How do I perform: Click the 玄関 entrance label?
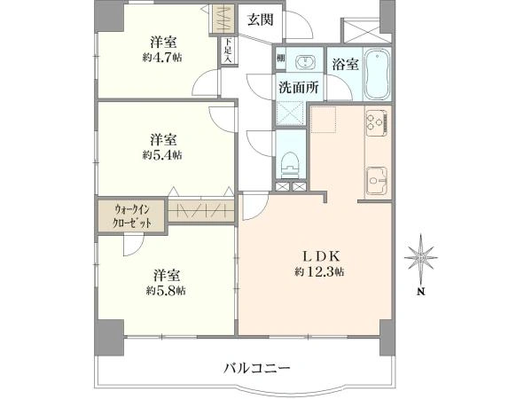tap(260, 20)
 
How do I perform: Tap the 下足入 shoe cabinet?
tap(228, 51)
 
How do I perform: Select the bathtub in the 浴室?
tap(378, 74)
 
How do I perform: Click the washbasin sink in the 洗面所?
tap(305, 62)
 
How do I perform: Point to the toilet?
tap(290, 165)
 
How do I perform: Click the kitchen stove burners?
tap(377, 122)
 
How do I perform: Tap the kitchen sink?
tap(376, 181)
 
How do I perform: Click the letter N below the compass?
tap(420, 292)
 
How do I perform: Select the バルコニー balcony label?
tap(257, 368)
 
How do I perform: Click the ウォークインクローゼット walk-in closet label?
tap(132, 215)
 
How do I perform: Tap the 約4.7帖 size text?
tap(162, 58)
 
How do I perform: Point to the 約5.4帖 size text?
tap(162, 154)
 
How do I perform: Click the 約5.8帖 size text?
tap(166, 291)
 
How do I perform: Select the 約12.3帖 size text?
tap(320, 271)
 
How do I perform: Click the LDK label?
tap(321, 256)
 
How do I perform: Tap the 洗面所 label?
tap(299, 88)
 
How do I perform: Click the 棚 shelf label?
tap(280, 58)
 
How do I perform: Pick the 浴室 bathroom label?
tap(346, 64)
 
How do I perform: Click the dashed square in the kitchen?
tap(324, 119)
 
